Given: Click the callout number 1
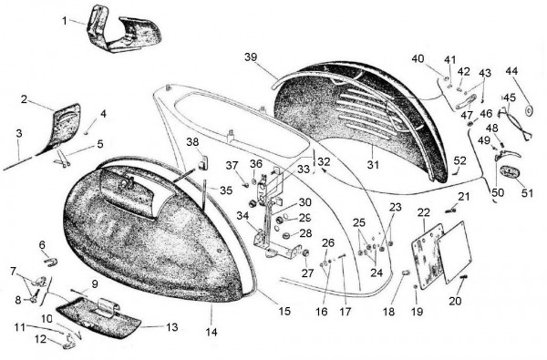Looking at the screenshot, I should click(65, 19).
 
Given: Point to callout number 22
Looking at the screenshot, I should click(423, 214).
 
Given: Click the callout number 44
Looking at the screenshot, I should click(511, 71).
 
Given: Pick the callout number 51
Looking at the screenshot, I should click(528, 192).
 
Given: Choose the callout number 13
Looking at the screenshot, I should click(172, 326).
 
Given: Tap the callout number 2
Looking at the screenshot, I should click(24, 100).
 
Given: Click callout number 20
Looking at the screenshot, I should click(455, 301).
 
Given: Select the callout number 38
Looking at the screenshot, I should click(192, 142).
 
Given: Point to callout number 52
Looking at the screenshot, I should click(460, 161).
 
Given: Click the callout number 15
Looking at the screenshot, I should click(284, 312).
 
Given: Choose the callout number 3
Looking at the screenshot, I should click(19, 134).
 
